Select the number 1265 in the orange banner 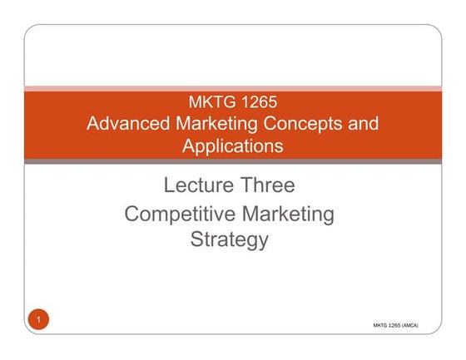pyautogui.click(x=255, y=104)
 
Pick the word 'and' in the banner pyautogui.click(x=363, y=125)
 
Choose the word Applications pyautogui.click(x=232, y=146)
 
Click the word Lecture pyautogui.click(x=197, y=185)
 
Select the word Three pyautogui.click(x=266, y=185)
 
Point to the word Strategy pyautogui.click(x=230, y=241)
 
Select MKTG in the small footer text pyautogui.click(x=382, y=327)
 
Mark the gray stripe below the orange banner pyautogui.click(x=232, y=161)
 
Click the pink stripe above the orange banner pyautogui.click(x=232, y=87)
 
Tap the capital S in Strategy pyautogui.click(x=197, y=241)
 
